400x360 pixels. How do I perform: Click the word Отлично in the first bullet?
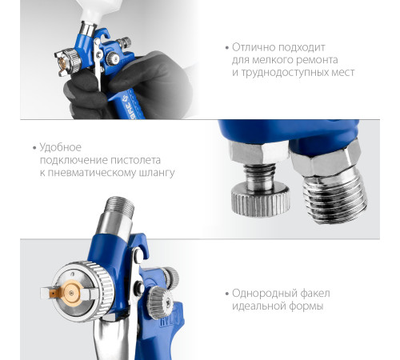coord(253,47)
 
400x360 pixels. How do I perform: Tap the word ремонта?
coord(317,60)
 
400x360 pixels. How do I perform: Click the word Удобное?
coord(61,147)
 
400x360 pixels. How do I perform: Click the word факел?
coord(315,294)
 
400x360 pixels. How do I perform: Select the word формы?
coord(306,306)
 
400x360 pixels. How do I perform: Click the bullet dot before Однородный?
coord(227,294)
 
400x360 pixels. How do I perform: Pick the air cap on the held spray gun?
coord(66,62)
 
